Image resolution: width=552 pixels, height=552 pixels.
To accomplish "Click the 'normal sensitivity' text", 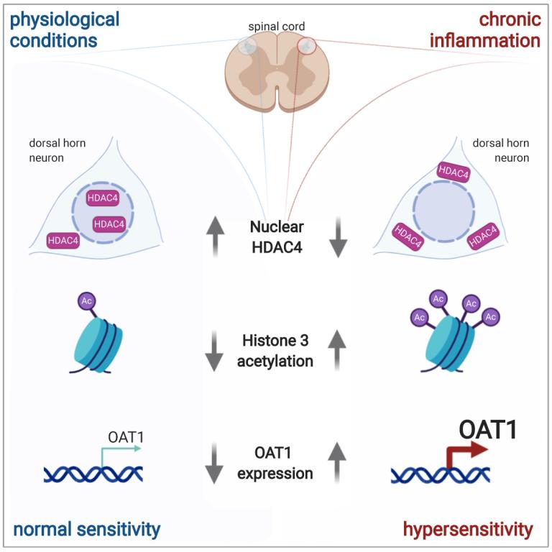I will [86, 530].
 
